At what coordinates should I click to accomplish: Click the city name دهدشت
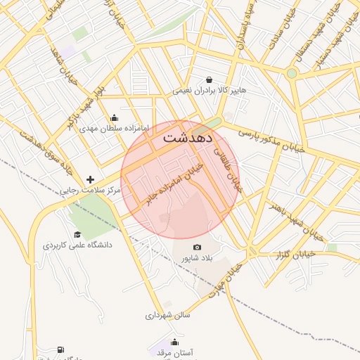187,138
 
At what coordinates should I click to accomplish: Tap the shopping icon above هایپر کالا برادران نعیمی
209,79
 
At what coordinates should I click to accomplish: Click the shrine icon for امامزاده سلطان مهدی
114,117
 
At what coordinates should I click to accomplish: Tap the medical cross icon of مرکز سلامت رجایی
89,179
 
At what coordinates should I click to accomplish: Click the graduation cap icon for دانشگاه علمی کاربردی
77,234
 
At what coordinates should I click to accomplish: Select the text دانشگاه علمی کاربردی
77,245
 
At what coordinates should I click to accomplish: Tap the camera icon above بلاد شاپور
197,247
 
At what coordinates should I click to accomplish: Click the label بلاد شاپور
197,258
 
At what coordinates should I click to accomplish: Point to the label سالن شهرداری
168,316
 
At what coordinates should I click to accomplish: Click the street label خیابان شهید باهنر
295,219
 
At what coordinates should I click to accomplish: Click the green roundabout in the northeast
291,72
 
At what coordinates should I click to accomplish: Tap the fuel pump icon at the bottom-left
60,349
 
